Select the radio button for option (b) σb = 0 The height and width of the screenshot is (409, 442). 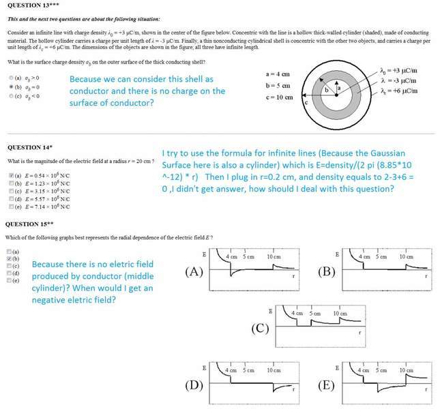click(x=10, y=87)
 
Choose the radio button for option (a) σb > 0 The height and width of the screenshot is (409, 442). click(x=10, y=78)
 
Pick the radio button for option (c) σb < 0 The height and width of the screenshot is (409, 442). click(x=10, y=95)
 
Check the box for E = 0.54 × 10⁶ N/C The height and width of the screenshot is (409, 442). click(x=10, y=176)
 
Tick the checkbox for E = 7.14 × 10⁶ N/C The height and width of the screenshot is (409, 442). click(x=10, y=206)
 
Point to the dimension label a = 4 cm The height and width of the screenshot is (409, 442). click(x=279, y=74)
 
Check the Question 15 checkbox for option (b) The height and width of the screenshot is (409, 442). click(x=8, y=259)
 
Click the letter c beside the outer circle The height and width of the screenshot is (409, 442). click(x=316, y=102)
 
